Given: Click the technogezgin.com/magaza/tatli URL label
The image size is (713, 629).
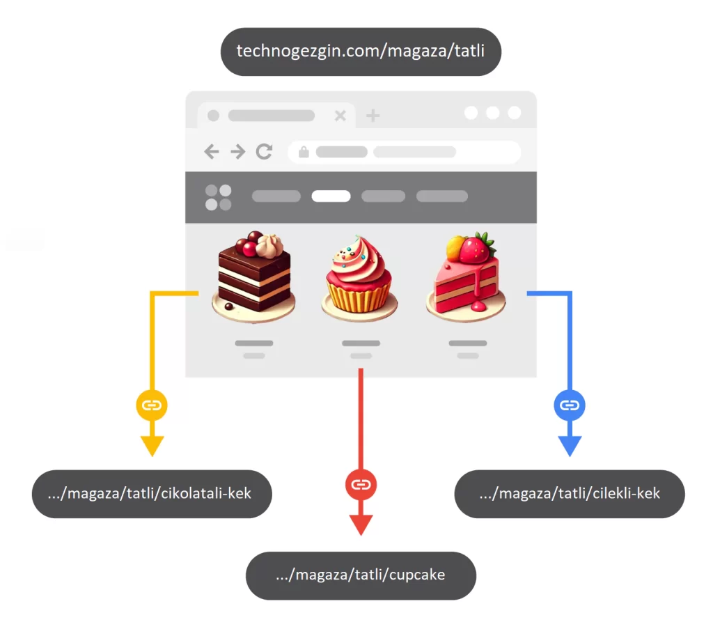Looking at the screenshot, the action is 361,52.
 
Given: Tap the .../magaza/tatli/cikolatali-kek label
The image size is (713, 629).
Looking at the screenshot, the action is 152,493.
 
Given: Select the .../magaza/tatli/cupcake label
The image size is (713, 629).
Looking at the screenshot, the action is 361,575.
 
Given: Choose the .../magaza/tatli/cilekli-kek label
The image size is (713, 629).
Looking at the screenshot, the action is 570,493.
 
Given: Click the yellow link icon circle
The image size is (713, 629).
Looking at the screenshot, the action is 152,405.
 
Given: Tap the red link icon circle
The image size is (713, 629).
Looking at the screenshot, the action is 361,484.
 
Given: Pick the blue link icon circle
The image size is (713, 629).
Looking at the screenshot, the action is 570,405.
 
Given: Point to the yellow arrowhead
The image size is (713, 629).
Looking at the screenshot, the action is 152,446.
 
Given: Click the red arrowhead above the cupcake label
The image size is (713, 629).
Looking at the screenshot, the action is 361,525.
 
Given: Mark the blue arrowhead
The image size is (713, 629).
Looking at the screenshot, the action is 570,446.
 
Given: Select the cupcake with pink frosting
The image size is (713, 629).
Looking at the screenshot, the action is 359,277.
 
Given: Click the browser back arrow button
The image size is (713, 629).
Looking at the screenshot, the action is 212,151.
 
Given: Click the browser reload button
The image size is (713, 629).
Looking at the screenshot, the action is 264,151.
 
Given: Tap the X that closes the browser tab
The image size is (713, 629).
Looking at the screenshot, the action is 340,116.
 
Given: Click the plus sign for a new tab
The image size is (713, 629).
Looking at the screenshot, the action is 373,116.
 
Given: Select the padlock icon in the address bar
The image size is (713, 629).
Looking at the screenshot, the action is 304,152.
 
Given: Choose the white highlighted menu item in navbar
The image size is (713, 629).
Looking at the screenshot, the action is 331,196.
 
